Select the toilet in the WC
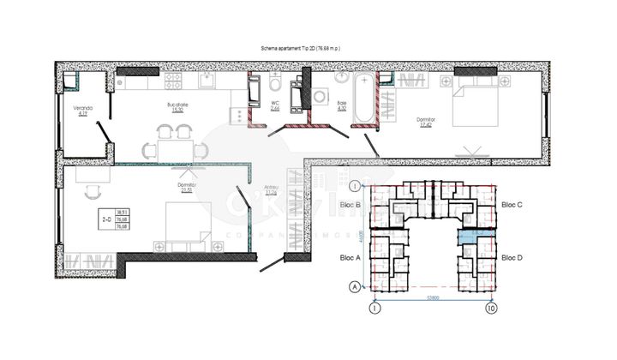(274, 85)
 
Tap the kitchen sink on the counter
(210, 81)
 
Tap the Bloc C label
(512, 205)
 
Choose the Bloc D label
(512, 257)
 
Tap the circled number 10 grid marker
(491, 307)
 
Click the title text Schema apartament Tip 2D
(300, 51)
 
